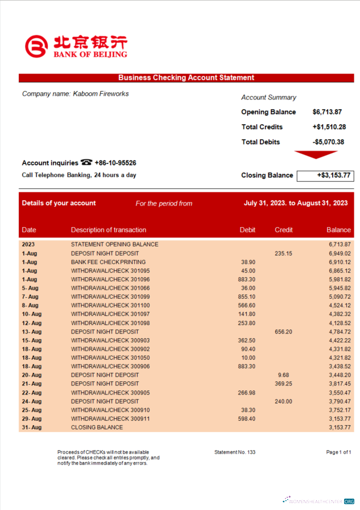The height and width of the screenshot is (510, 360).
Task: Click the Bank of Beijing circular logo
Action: tap(37, 47)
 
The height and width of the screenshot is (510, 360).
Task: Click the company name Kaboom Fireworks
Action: tap(75, 94)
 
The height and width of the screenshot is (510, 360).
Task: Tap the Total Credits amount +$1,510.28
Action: tap(329, 127)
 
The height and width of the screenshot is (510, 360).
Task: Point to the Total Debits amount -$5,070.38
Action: tap(328, 142)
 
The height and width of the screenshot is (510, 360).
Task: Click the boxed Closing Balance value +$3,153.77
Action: tap(325, 175)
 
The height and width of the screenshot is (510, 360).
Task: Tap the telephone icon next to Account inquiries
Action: tap(86, 162)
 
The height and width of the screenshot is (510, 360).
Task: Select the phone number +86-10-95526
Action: tap(115, 163)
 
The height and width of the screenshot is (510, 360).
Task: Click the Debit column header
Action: tap(247, 230)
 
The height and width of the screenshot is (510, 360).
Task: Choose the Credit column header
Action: tap(283, 230)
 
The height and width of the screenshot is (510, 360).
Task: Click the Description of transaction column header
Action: tap(108, 230)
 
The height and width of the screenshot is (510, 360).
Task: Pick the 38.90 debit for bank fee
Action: tap(248, 262)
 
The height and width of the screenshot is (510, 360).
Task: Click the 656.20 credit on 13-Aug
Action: tap(283, 331)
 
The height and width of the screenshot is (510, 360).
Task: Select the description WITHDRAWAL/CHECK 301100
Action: tap(110, 305)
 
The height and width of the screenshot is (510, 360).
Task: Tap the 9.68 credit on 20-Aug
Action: tap(283, 375)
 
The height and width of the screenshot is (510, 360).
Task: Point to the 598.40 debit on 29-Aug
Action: tap(247, 418)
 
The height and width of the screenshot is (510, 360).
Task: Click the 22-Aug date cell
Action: tap(32, 393)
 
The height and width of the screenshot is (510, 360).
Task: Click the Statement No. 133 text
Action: tap(235, 452)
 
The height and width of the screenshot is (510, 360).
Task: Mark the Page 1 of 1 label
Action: tap(340, 452)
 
